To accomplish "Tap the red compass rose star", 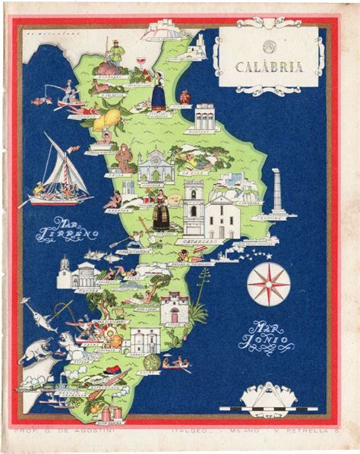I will tap(268, 281).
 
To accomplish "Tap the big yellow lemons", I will tap(112, 120).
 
